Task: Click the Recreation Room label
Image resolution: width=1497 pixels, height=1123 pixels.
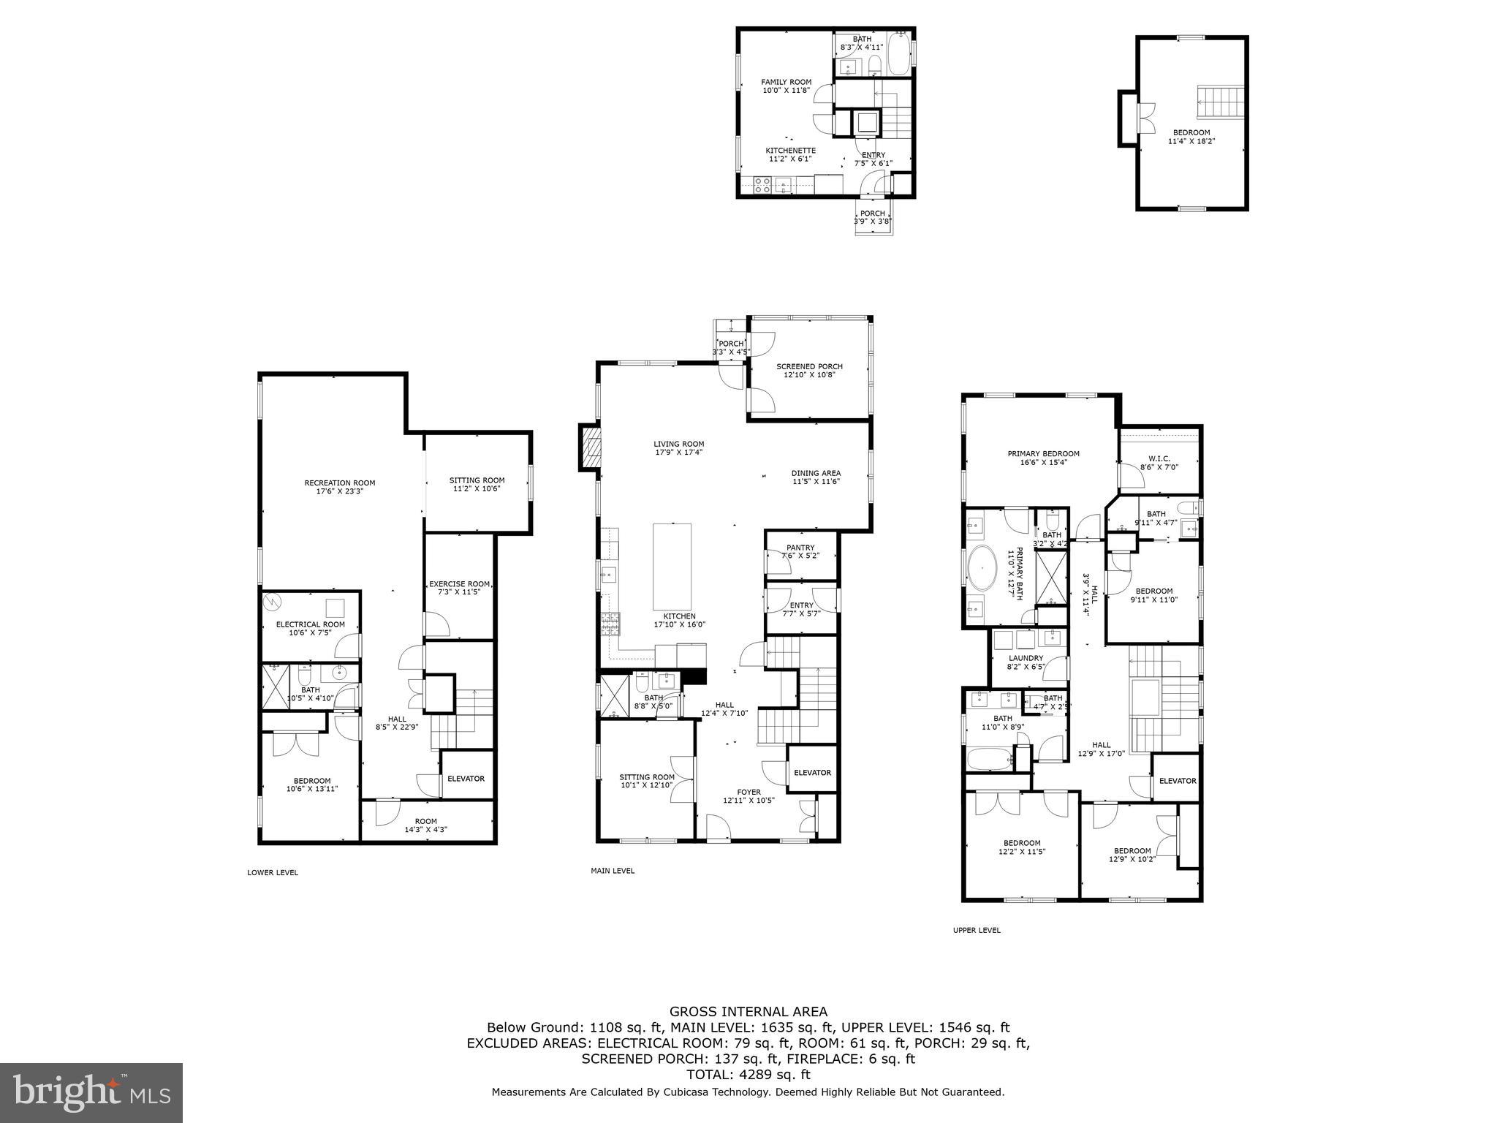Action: point(339,487)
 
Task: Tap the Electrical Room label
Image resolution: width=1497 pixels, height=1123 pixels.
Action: point(310,628)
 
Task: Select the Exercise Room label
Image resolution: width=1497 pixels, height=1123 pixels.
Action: point(459,587)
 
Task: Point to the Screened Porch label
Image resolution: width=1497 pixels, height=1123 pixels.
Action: point(809,371)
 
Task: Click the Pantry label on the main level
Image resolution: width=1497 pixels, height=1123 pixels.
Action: point(800,552)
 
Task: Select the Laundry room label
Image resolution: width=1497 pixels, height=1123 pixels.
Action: point(1026,662)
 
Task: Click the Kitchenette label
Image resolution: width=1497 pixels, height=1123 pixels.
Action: point(790,154)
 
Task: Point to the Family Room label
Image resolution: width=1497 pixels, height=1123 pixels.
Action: point(786,86)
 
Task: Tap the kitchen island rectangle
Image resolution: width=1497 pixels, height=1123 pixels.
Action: point(672,566)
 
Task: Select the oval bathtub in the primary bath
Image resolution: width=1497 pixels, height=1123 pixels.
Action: point(982,567)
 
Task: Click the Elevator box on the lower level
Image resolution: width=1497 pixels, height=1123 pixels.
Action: point(466,779)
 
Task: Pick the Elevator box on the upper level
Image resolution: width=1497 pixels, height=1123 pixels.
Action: point(1177,781)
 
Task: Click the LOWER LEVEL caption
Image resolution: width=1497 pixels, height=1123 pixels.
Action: point(273,872)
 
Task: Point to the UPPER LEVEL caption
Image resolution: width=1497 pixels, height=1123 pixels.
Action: point(977,930)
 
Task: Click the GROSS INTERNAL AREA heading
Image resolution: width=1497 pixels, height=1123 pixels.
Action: point(748,1012)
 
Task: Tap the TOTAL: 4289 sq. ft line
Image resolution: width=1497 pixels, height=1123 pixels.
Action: point(748,1075)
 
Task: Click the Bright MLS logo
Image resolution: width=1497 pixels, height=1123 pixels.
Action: point(91,1092)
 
